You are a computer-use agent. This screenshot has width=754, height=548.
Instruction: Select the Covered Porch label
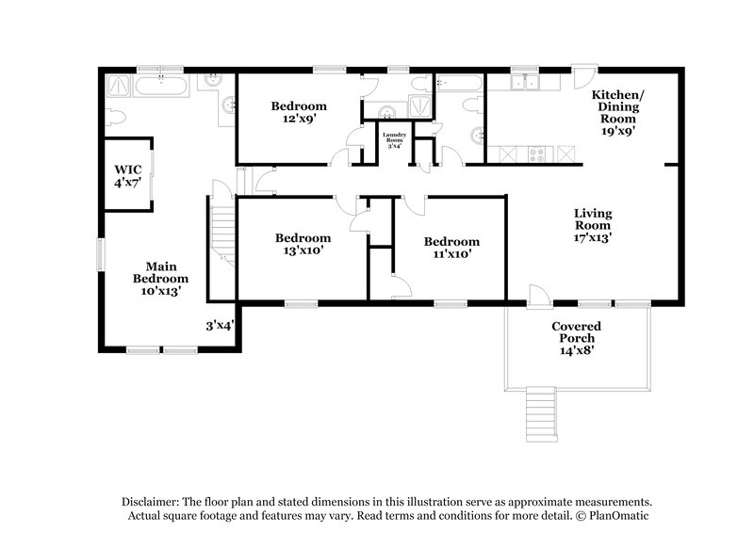[x=576, y=337]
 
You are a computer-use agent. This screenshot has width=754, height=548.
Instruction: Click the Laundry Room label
[x=394, y=139]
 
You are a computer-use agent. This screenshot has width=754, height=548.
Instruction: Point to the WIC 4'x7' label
[x=128, y=175]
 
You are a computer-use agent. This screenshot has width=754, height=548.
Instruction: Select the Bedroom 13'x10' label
[x=303, y=245]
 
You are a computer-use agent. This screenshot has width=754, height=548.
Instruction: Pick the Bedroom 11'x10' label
[x=451, y=248]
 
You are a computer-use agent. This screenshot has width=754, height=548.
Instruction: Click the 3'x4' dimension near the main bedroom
[x=220, y=326]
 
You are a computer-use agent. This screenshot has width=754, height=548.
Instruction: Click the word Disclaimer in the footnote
[x=153, y=503]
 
